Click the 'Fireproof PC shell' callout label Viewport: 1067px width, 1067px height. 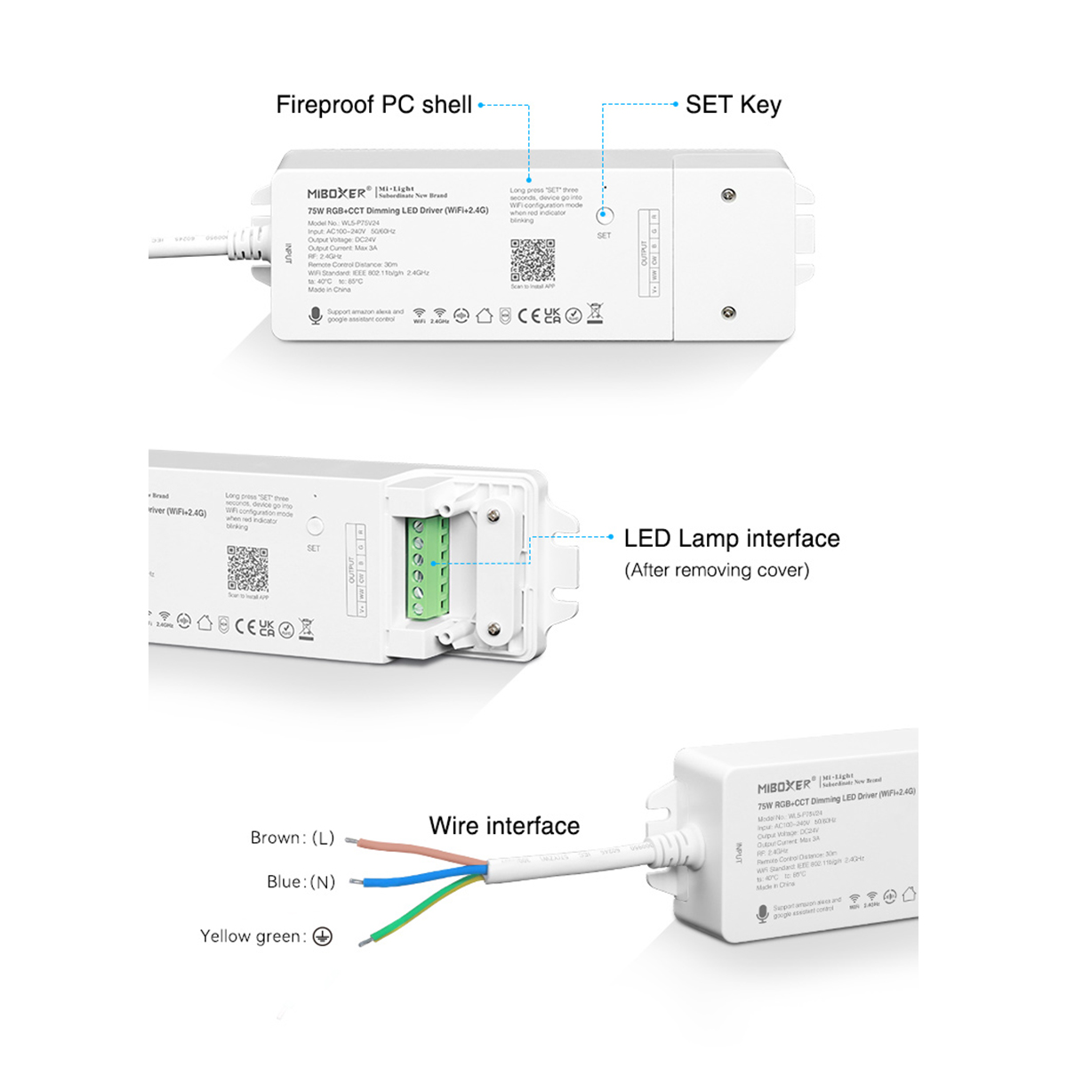coord(373,105)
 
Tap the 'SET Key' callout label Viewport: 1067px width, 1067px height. coord(733,105)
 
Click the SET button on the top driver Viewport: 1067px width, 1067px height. coord(605,215)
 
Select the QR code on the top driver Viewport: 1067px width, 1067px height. coord(533,261)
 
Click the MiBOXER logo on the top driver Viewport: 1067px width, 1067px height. coord(336,193)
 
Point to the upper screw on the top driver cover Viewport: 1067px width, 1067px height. coord(728,195)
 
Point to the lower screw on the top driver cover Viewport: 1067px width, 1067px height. coord(728,312)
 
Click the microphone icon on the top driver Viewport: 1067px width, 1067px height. coord(315,316)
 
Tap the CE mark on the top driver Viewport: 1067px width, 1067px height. coord(529,316)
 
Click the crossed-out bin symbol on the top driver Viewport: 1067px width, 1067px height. coord(595,313)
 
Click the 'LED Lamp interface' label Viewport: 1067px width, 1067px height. coord(731,539)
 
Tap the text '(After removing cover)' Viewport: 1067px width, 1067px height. coord(717,570)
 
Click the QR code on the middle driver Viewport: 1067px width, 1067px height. coord(247,569)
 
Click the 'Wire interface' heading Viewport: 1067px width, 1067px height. coord(504,826)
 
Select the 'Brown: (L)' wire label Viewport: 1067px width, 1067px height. coord(292,838)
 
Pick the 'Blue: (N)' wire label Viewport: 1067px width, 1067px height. coord(301,882)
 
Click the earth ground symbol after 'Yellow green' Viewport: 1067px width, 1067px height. coord(323,936)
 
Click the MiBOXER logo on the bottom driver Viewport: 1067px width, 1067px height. coord(784,787)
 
